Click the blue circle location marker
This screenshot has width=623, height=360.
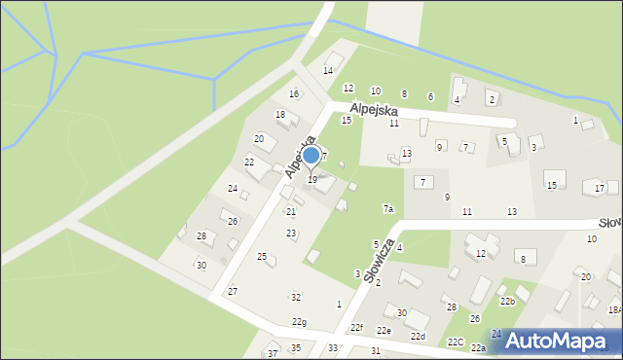pos(311,155)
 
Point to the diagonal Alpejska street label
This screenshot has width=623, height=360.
pos(301,157)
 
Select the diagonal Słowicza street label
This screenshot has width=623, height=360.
pos(381,259)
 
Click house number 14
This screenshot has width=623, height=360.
pos(328,71)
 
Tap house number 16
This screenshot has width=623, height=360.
pos(294,94)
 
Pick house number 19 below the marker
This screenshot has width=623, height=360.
pos(311,180)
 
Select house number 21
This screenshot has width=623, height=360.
pos(290,211)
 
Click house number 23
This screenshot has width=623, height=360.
pos(291,234)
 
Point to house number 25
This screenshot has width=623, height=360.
pos(261,256)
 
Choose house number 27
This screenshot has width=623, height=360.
pos(233,292)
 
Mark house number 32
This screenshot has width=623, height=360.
pos(296,297)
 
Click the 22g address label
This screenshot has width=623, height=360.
pos(299,322)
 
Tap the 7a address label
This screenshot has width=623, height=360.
pos(387,209)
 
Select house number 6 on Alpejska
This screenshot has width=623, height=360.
pos(430,96)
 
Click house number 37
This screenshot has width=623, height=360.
pos(273,352)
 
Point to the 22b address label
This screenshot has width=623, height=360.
pos(507,302)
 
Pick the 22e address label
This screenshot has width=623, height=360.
pos(384,331)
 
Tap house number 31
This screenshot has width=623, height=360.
pos(375,350)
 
